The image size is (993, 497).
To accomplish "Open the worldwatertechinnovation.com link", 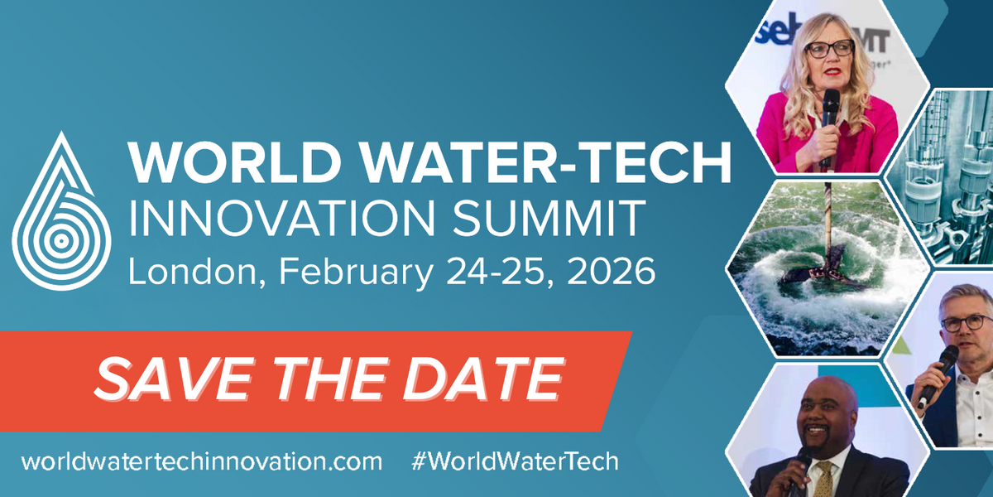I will [x=202, y=461].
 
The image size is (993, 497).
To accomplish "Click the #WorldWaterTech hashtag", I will [x=514, y=461].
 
